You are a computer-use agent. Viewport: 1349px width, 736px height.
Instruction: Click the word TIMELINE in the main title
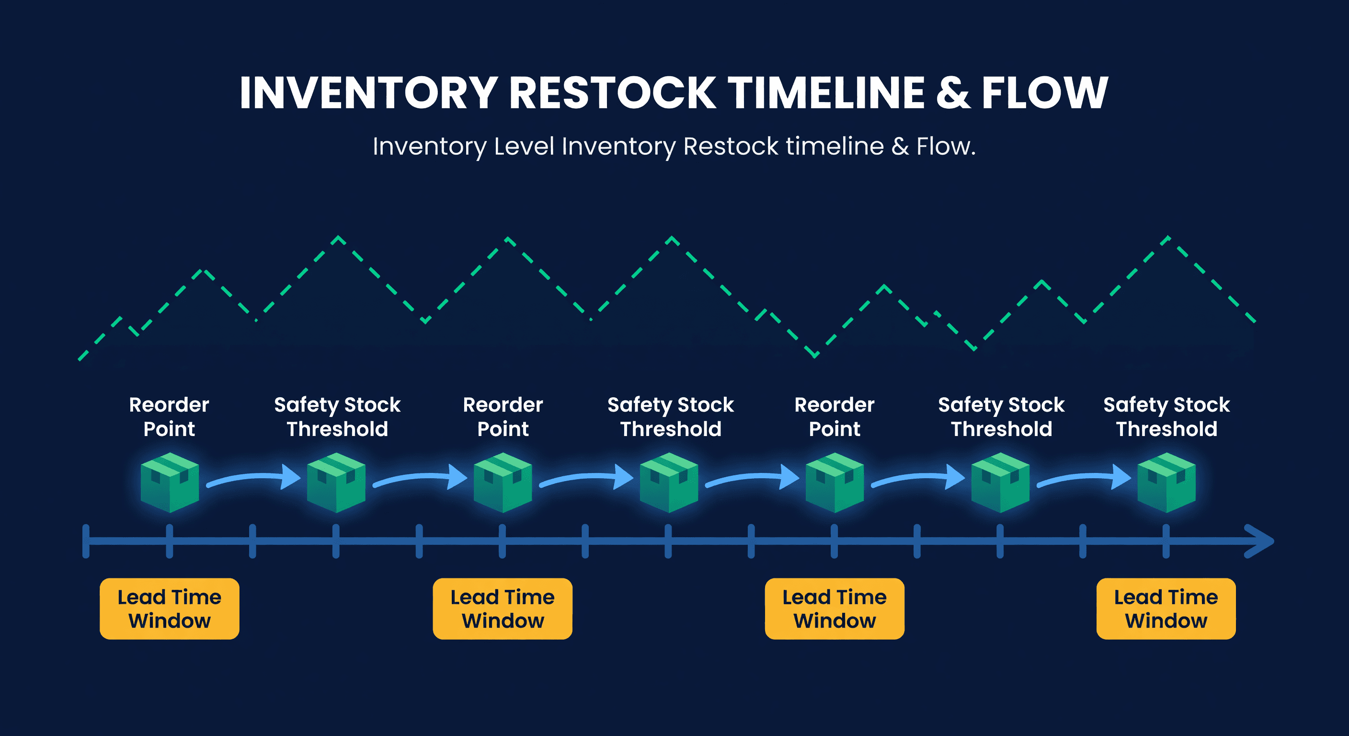coord(826,93)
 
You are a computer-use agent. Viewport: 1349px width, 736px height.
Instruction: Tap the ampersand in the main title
coord(952,93)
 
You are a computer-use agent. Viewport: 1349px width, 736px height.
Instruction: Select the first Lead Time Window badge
coord(169,609)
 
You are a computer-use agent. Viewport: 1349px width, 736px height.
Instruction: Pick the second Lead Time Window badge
coord(502,609)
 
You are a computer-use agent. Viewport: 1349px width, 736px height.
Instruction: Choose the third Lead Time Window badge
coord(834,609)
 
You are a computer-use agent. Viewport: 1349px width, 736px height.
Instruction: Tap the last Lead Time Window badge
coord(1166,609)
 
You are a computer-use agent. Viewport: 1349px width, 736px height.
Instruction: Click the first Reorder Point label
coord(169,416)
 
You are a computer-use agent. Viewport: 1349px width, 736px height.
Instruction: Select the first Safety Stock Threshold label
coord(337,416)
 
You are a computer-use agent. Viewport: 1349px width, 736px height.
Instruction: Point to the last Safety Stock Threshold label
coord(1166,416)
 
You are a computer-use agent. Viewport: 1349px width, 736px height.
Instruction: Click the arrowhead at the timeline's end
coord(1262,541)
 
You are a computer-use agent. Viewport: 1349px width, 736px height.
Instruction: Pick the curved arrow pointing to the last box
coord(1084,478)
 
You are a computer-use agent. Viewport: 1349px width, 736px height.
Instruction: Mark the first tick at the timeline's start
coord(86,541)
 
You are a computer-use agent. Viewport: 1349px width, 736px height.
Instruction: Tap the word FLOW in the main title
coord(1045,93)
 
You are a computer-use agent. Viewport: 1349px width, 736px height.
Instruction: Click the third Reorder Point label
coord(834,416)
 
